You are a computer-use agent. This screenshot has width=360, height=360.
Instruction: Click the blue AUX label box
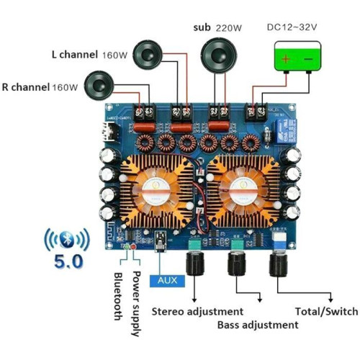[x=167, y=281]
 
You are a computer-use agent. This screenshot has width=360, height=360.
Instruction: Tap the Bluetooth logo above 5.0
[x=67, y=239]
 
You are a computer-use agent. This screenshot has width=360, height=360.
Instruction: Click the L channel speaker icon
[x=148, y=55]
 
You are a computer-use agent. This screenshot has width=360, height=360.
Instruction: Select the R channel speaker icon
[x=99, y=86]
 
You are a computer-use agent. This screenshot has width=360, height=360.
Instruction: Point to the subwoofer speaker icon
[x=219, y=55]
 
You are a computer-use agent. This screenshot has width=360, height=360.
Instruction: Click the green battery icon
[x=297, y=57]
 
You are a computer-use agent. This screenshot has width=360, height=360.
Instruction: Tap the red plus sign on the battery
[x=286, y=58]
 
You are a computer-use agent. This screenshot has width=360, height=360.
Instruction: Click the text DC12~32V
[x=292, y=27]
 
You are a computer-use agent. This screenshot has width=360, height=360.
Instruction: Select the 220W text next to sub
[x=228, y=28]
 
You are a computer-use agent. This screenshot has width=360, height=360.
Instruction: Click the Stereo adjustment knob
[x=195, y=264]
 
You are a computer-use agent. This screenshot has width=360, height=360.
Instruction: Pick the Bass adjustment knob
[x=237, y=264]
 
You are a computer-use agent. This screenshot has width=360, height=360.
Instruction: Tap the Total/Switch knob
[x=279, y=265]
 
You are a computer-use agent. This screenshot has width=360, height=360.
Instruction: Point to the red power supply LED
[x=132, y=247]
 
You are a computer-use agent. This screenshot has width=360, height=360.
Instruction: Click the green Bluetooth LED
[x=125, y=246]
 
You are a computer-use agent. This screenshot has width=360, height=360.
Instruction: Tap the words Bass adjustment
[x=258, y=325]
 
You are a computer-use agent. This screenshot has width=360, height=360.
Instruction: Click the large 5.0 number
[x=68, y=261]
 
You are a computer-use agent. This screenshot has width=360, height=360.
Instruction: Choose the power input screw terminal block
[x=256, y=112]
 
